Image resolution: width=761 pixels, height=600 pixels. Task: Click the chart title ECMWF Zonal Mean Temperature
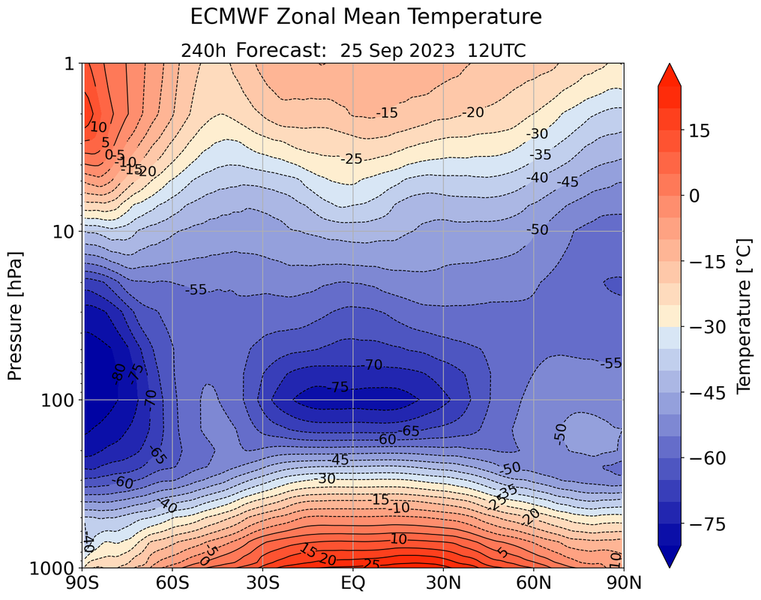(x=365, y=16)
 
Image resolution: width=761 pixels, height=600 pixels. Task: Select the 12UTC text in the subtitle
(x=496, y=50)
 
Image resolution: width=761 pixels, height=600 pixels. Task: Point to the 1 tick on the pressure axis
(x=68, y=64)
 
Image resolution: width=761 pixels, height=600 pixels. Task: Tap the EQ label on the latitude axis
(x=353, y=583)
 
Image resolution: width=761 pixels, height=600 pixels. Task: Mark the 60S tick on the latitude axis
(x=172, y=583)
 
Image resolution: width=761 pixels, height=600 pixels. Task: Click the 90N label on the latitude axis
(x=624, y=583)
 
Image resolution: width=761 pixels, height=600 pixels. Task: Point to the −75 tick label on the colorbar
(x=706, y=524)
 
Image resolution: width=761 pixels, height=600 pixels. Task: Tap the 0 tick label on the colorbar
(x=694, y=196)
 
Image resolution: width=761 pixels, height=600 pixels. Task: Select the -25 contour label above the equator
(x=352, y=159)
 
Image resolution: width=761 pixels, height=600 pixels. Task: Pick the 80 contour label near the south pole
(x=118, y=370)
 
